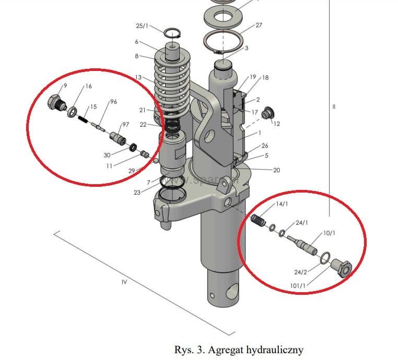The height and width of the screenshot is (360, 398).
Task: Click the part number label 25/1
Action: (x=142, y=26)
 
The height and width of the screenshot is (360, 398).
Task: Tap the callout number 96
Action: (x=113, y=102)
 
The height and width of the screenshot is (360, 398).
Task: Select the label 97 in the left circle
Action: (x=125, y=125)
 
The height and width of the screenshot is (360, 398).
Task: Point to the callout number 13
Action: (x=138, y=77)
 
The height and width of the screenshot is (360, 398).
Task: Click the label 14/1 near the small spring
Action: (x=282, y=204)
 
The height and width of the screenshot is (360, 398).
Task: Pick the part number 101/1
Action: (x=298, y=285)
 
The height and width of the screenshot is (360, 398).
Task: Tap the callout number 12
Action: (x=277, y=124)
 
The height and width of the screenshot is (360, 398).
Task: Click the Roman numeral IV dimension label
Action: (x=124, y=282)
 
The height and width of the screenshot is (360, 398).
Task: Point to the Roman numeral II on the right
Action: (x=334, y=107)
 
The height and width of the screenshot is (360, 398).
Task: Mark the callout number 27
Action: (x=259, y=25)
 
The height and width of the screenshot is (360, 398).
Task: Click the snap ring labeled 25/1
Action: (x=172, y=34)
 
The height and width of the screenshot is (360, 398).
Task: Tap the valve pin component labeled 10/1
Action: (x=306, y=244)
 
